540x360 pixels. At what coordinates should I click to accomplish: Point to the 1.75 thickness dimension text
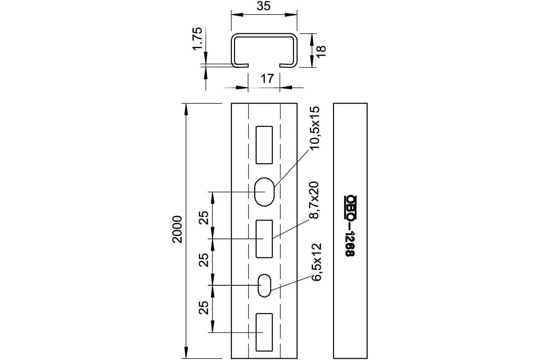coord(197,41)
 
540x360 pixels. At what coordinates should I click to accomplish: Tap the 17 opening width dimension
coord(267,79)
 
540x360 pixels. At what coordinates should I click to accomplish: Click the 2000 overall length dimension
coord(178,229)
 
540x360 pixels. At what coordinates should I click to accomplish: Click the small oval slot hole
coord(264,285)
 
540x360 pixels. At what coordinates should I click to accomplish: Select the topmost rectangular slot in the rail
coord(264,145)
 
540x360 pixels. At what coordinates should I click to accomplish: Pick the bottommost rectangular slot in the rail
coord(264,332)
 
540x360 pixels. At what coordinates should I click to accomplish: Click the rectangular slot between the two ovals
coord(264,238)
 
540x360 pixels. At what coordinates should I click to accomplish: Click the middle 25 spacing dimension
coord(204,260)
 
